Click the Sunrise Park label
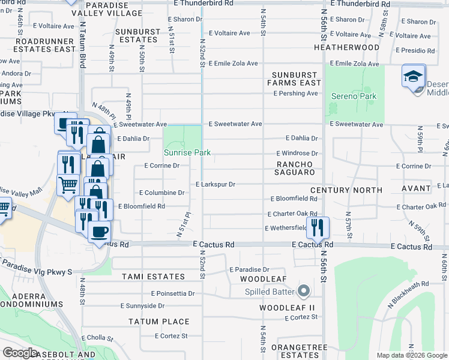click(x=187, y=152)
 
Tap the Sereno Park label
click(x=354, y=96)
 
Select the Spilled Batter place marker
click(x=303, y=292)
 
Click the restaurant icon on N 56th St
click(x=318, y=227)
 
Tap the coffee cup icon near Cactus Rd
click(x=99, y=232)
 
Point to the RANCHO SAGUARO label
click(x=295, y=168)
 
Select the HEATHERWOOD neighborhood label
click(x=346, y=47)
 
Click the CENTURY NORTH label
click(x=354, y=190)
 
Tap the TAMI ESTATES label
click(x=153, y=277)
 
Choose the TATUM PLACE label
click(x=159, y=322)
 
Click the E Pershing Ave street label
click(x=295, y=94)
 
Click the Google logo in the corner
click(x=20, y=353)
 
